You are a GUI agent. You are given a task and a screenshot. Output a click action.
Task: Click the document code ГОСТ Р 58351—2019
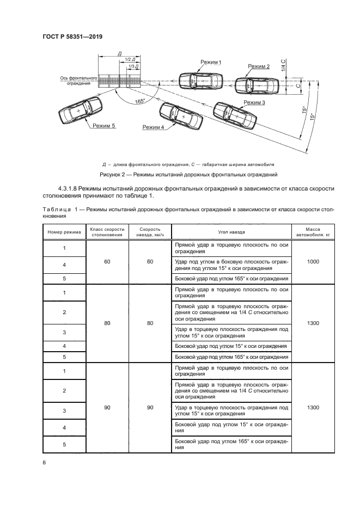coord(72,36)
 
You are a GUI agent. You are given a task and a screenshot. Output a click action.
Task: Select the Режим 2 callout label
coord(259,66)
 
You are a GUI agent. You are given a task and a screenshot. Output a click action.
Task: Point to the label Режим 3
coord(254,102)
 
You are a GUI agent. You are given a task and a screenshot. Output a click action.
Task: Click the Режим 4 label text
coord(153,127)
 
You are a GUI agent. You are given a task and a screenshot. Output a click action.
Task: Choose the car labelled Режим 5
coord(80,111)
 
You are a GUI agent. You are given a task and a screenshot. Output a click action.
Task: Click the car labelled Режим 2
coord(260,85)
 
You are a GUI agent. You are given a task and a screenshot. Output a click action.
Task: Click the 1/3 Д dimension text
coord(133,66)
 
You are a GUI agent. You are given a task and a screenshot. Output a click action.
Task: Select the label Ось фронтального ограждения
coord(79,81)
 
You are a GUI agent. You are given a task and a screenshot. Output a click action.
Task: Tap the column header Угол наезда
coord(231,232)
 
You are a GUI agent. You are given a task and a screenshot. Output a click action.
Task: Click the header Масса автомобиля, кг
coord(313,232)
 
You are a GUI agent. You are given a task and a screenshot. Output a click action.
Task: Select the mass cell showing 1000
coord(313,262)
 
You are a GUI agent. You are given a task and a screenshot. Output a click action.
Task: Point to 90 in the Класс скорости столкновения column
coord(107,407)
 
